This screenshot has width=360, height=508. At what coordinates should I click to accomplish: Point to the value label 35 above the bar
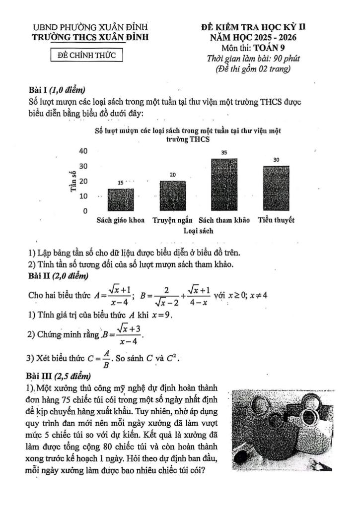[224, 153]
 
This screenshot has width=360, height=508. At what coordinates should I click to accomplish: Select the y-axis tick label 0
[85, 211]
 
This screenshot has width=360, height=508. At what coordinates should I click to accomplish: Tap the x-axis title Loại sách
[198, 231]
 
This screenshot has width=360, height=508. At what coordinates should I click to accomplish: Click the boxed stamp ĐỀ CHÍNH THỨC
[87, 56]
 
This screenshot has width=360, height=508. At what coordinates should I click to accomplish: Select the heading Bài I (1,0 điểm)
[58, 90]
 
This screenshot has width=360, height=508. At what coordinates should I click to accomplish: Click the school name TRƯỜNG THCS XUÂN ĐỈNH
[89, 37]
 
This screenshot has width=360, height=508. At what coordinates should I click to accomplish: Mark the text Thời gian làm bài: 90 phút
[253, 59]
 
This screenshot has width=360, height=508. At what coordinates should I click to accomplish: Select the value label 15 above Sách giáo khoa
[121, 183]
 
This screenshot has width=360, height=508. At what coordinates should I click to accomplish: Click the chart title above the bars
[187, 135]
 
